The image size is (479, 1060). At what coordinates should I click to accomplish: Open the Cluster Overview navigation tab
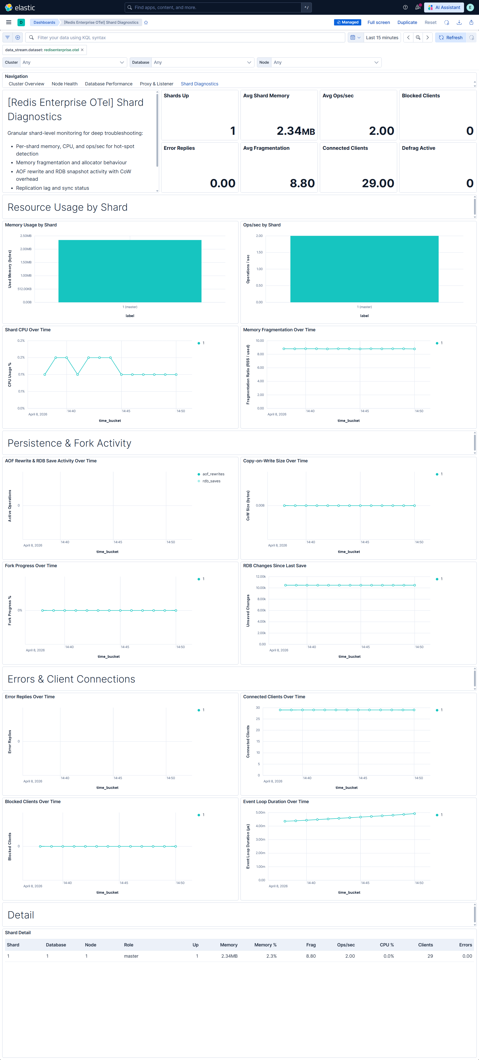[26, 84]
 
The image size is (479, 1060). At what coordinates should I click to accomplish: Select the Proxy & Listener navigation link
[156, 84]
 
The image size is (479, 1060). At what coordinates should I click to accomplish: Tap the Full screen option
[378, 23]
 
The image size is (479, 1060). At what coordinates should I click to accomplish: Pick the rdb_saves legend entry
[211, 481]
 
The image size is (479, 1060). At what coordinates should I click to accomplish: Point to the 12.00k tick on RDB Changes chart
[261, 576]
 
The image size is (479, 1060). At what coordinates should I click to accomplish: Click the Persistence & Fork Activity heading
[70, 443]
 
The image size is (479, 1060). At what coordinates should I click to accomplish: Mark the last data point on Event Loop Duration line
[414, 814]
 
